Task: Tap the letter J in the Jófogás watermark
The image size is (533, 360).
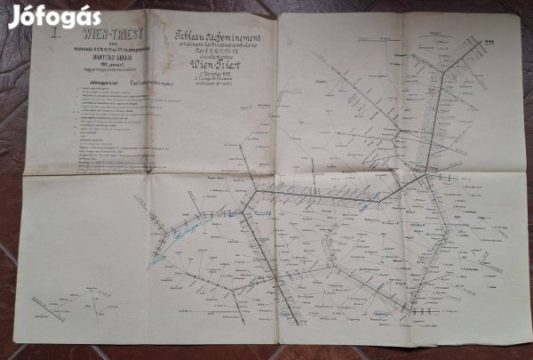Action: [14, 16]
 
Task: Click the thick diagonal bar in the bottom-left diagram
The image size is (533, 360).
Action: [50, 310]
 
